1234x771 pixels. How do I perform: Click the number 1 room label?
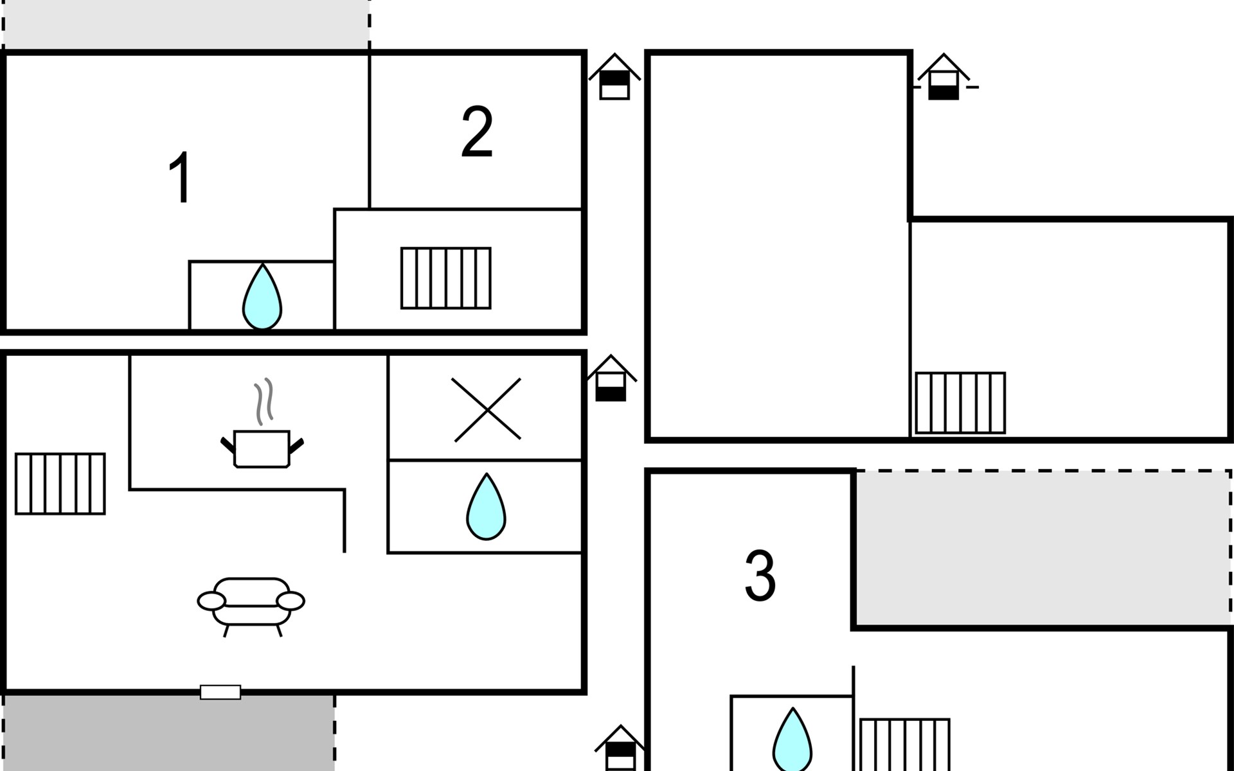coord(181,177)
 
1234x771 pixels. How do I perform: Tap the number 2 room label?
coord(477,132)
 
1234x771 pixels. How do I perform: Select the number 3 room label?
coord(760,575)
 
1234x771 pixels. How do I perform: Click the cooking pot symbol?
coord(262,448)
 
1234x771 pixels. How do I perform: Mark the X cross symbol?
coord(487,409)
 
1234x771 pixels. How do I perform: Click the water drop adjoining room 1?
coord(262,297)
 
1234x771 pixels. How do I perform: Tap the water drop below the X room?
coord(486,506)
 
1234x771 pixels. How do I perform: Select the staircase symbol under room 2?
coord(446,278)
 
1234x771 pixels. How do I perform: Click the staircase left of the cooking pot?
coord(60,484)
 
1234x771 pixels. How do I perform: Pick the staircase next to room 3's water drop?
coord(904,745)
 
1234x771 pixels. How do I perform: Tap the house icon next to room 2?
coord(615,76)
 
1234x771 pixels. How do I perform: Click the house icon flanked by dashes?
coord(943,76)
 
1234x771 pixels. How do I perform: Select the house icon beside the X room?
coord(611,378)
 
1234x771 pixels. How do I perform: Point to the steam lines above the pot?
coord(264,402)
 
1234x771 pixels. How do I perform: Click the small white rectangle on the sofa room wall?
coord(220,692)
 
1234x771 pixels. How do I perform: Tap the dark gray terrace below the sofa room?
coord(168,733)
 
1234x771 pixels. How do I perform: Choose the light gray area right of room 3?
coord(1043,547)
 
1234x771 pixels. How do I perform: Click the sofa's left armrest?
coord(211,601)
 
